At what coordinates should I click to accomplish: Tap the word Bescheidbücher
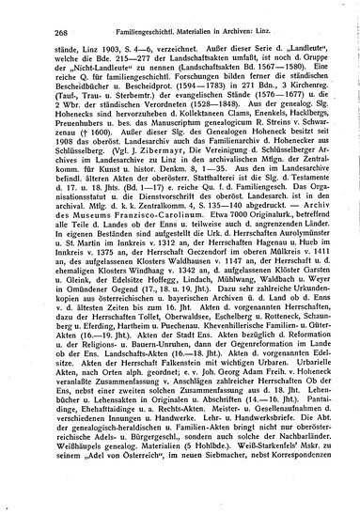(x=66, y=100)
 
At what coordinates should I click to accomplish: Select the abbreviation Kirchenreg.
(x=307, y=100)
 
